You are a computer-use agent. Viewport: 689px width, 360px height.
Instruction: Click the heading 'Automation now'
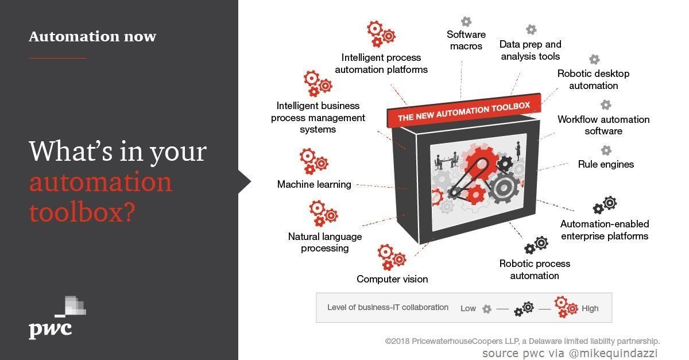92,37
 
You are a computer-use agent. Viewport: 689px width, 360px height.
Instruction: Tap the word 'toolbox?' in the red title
82,212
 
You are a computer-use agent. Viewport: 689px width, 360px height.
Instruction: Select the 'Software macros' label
466,40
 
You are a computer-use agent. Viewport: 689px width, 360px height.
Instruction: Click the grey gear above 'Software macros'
466,21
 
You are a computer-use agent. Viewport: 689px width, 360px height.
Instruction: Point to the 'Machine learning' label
314,184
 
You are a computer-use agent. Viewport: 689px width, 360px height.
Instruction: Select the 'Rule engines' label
606,164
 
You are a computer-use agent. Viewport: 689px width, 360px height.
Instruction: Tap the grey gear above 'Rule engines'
606,150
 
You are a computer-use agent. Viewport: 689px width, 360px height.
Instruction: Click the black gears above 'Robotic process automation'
536,245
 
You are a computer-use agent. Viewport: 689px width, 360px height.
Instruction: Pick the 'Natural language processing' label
325,242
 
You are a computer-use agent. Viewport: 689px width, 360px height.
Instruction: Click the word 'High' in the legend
590,308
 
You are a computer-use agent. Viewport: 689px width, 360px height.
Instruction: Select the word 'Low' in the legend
468,308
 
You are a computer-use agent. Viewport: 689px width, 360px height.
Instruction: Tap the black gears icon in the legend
523,309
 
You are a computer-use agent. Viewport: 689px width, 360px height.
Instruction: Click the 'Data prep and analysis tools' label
530,50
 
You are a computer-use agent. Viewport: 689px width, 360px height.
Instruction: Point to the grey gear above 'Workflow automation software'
606,105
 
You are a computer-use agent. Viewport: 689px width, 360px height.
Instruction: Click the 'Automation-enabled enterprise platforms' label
605,230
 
